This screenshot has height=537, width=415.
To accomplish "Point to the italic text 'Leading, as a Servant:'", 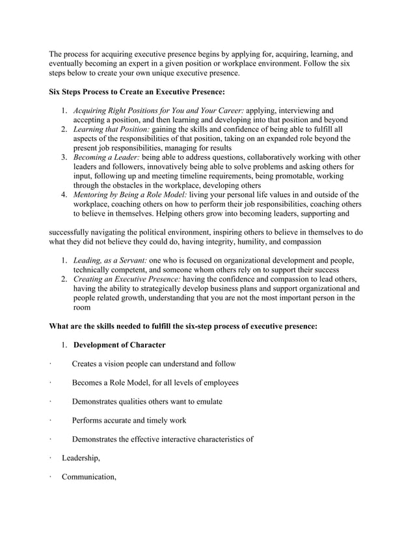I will point(110,260).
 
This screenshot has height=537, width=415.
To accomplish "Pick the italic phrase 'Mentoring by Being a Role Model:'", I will point(129,194).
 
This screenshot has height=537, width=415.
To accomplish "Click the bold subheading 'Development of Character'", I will point(120,344).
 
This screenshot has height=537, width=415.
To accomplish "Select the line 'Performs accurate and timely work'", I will point(129,420).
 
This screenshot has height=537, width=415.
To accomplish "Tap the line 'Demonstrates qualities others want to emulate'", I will point(147,401).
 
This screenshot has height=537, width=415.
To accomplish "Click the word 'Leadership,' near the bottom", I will point(81,458).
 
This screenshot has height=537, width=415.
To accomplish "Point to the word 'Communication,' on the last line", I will point(88,477).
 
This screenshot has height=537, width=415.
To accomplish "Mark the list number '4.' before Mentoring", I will point(64,194).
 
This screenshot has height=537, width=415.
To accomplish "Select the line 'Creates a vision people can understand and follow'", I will point(154,363).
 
